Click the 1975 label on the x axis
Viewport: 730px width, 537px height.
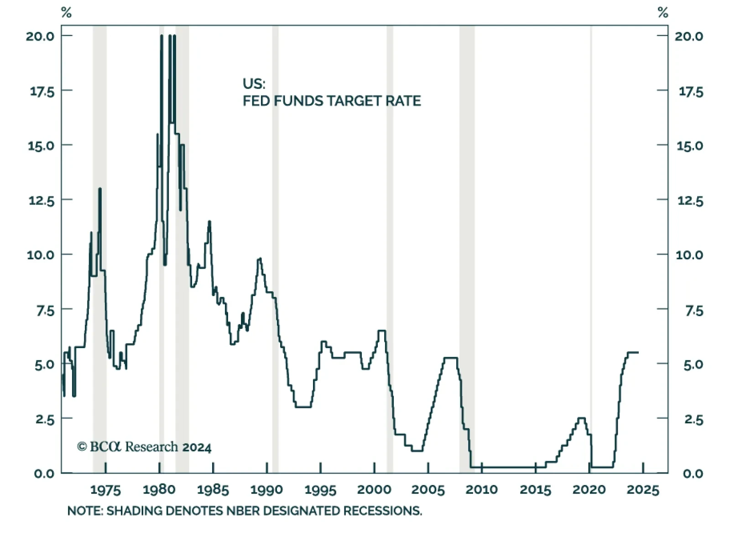pos(105,490)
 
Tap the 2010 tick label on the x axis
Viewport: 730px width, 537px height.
pos(481,490)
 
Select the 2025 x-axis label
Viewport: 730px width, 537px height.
pos(643,490)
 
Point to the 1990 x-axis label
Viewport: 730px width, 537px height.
pos(266,490)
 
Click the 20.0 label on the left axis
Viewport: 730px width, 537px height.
pos(40,36)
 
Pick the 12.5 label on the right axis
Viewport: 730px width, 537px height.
pos(690,200)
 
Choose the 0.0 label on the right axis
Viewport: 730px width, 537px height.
pos(693,474)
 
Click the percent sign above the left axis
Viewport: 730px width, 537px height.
pos(66,12)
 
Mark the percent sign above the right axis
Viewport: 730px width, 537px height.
pos(663,12)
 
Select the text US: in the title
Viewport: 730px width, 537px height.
pos(254,84)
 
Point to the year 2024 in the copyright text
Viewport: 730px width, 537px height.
pos(197,448)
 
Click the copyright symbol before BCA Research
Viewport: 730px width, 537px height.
pos(82,447)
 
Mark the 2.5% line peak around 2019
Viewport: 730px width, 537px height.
pos(581,418)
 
